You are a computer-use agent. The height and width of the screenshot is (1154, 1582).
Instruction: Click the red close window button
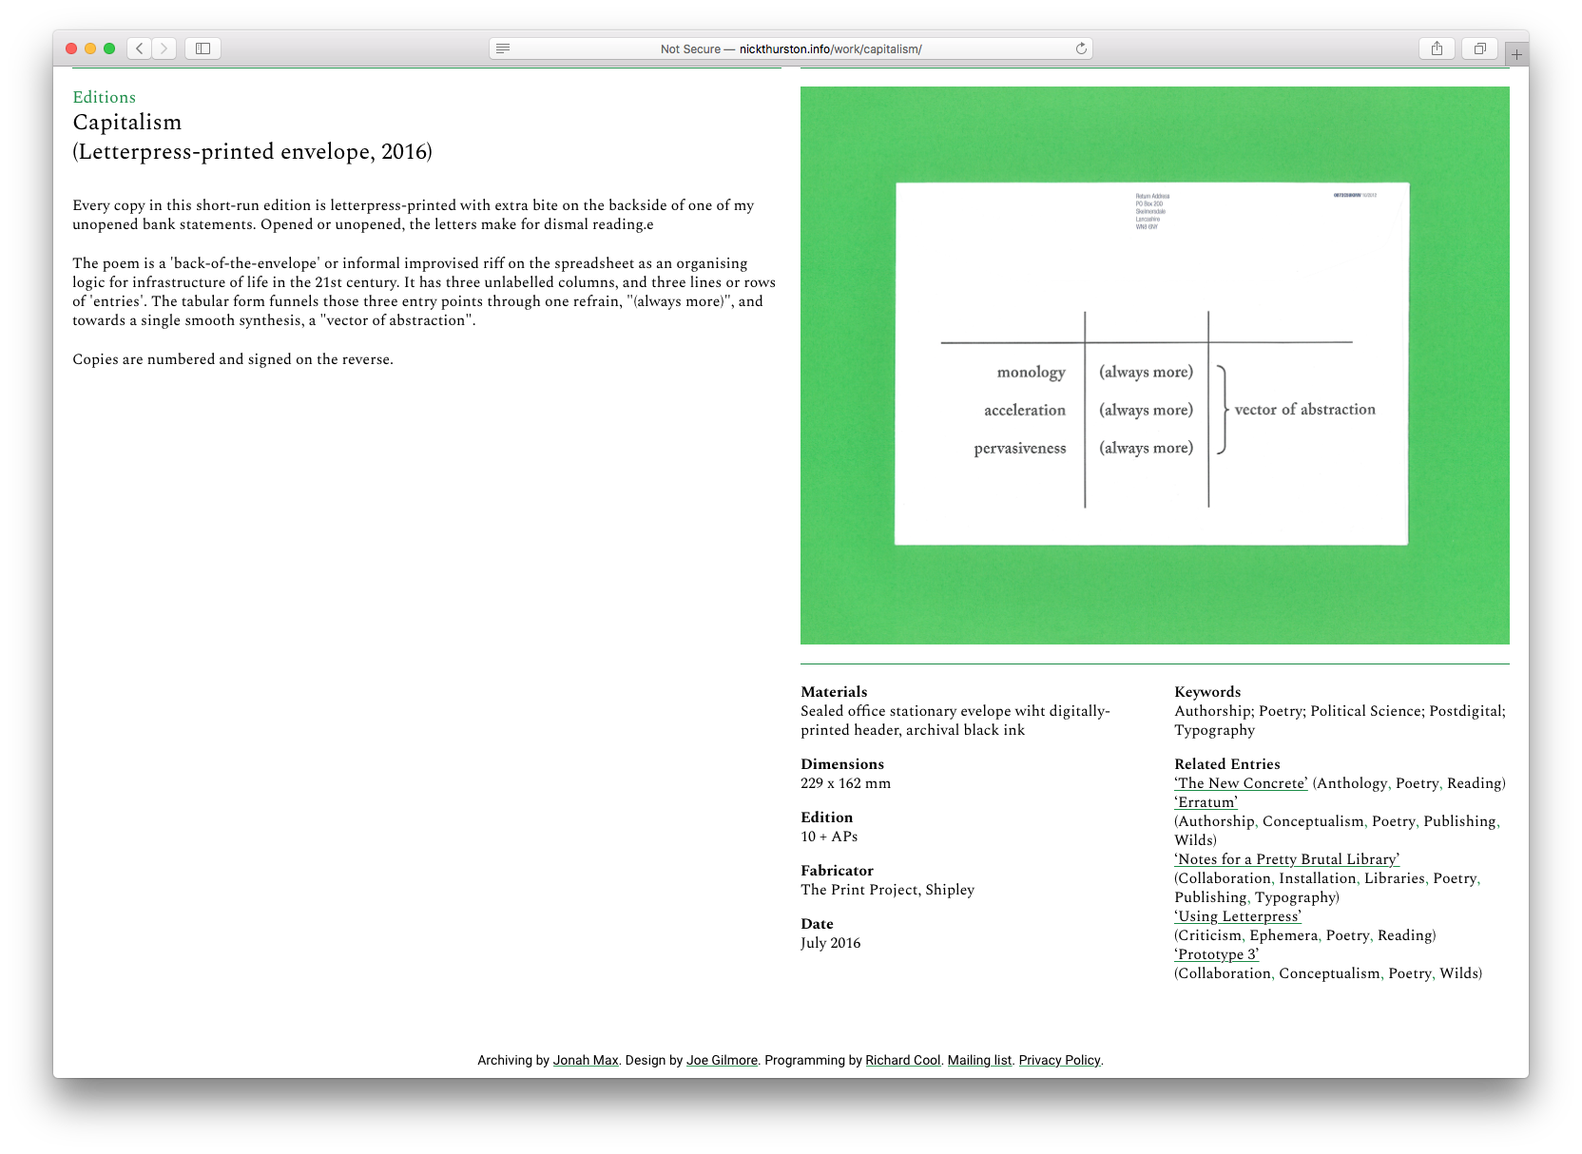(71, 48)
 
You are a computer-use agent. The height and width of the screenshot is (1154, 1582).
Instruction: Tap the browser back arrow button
(140, 48)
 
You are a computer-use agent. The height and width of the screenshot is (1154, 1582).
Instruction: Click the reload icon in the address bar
(1081, 48)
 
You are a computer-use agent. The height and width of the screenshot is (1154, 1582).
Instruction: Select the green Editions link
(104, 97)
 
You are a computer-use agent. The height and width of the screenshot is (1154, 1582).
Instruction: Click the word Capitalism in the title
(127, 123)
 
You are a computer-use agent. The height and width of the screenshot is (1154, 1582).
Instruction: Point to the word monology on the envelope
(1031, 373)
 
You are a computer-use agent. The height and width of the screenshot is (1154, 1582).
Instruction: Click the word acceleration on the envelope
(1024, 411)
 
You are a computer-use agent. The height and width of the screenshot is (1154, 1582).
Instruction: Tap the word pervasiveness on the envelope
(1019, 449)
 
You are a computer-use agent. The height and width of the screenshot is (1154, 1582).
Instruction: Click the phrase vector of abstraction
(1304, 410)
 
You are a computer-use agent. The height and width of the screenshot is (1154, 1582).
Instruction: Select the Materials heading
(834, 692)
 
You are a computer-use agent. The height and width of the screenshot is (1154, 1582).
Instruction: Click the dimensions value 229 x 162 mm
(845, 783)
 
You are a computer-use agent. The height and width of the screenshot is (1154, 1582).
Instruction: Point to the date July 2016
(830, 943)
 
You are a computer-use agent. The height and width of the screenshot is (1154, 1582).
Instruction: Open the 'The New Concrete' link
(1241, 783)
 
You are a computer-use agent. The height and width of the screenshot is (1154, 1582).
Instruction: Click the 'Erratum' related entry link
(1206, 802)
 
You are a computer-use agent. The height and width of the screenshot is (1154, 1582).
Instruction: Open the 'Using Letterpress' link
(1238, 916)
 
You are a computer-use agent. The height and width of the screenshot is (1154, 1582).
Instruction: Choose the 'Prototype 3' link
(1216, 954)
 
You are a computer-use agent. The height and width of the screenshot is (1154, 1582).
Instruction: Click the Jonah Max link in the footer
(586, 1061)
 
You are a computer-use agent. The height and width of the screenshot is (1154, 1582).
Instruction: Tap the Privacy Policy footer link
(1059, 1061)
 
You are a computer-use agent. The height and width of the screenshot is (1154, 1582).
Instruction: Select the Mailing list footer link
(979, 1061)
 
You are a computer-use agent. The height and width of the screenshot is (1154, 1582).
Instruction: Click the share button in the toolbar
(1437, 48)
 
